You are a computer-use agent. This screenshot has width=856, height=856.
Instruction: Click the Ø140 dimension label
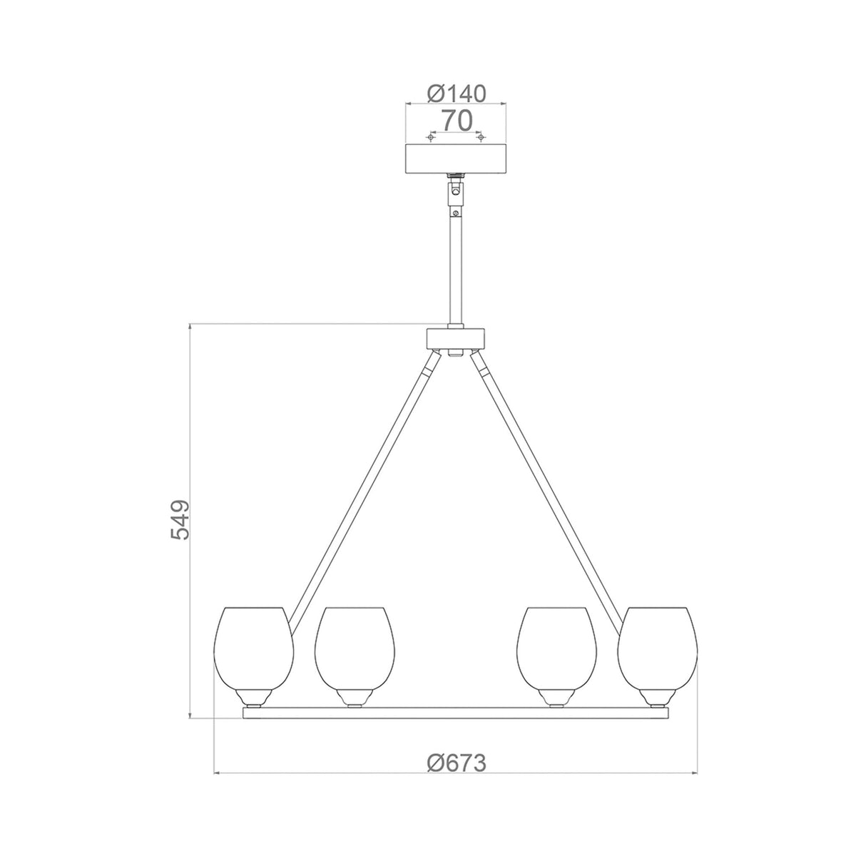coord(456,93)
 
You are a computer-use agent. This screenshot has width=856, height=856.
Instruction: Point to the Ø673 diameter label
coord(457,763)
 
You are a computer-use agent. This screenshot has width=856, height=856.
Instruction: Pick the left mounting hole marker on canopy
coord(430,136)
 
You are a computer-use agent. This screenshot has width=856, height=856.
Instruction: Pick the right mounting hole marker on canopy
coord(480,136)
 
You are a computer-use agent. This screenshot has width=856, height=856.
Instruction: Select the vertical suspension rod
coord(455,271)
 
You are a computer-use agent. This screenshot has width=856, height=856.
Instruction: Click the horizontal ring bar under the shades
coord(456,712)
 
